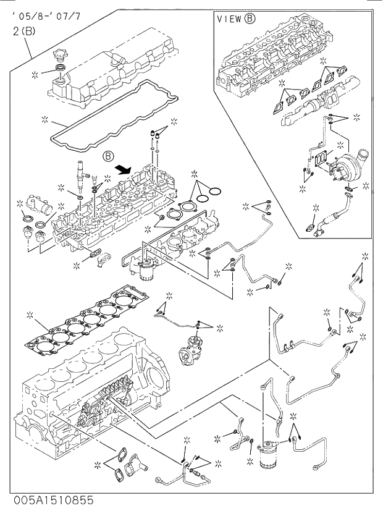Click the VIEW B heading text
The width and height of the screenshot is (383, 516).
point(236,19)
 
